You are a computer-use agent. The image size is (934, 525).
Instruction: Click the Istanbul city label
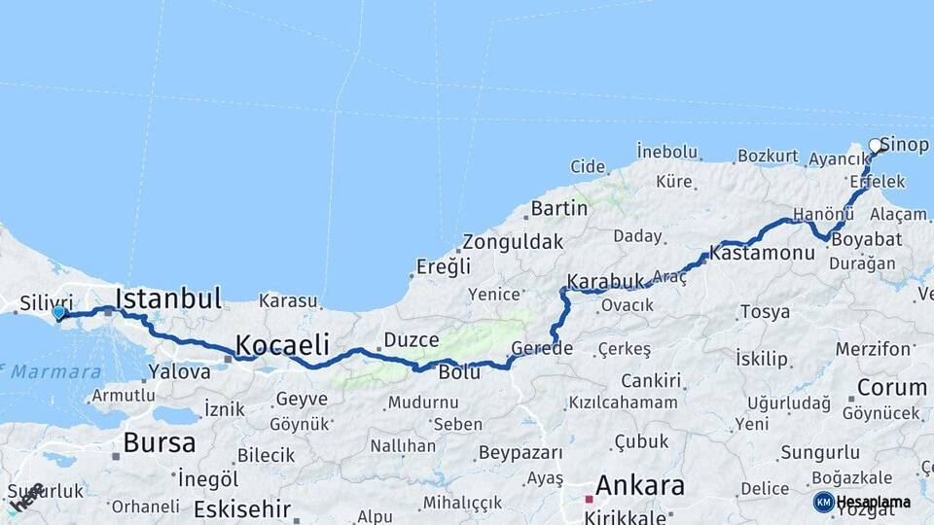click(x=168, y=298)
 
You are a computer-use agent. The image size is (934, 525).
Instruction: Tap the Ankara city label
click(x=639, y=485)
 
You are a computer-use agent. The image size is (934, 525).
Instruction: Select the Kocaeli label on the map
click(x=281, y=345)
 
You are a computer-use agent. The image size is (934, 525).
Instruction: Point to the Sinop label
click(x=904, y=145)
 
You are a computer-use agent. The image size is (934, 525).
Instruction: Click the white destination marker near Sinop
click(x=876, y=146)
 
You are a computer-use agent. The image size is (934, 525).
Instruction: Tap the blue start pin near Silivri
click(x=59, y=313)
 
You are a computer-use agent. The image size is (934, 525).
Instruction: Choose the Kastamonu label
click(x=762, y=253)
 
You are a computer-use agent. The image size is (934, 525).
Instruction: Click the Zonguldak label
click(x=512, y=242)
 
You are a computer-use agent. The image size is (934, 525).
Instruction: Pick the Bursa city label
click(x=159, y=442)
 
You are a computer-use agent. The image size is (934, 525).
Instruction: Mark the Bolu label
click(x=459, y=372)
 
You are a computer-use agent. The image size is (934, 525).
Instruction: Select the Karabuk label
click(x=606, y=281)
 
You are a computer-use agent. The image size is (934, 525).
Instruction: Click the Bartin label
click(x=558, y=208)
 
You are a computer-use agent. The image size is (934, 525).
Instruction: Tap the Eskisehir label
click(x=241, y=508)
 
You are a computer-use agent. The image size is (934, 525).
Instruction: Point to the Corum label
click(x=891, y=387)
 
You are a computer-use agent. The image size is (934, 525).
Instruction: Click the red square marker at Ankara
click(x=588, y=499)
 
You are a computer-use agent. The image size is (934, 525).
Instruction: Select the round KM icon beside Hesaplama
click(x=823, y=502)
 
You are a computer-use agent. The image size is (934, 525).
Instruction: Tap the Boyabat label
click(x=865, y=238)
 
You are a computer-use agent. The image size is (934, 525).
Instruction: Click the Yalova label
click(x=179, y=370)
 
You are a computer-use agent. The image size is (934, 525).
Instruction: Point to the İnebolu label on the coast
click(x=667, y=151)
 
